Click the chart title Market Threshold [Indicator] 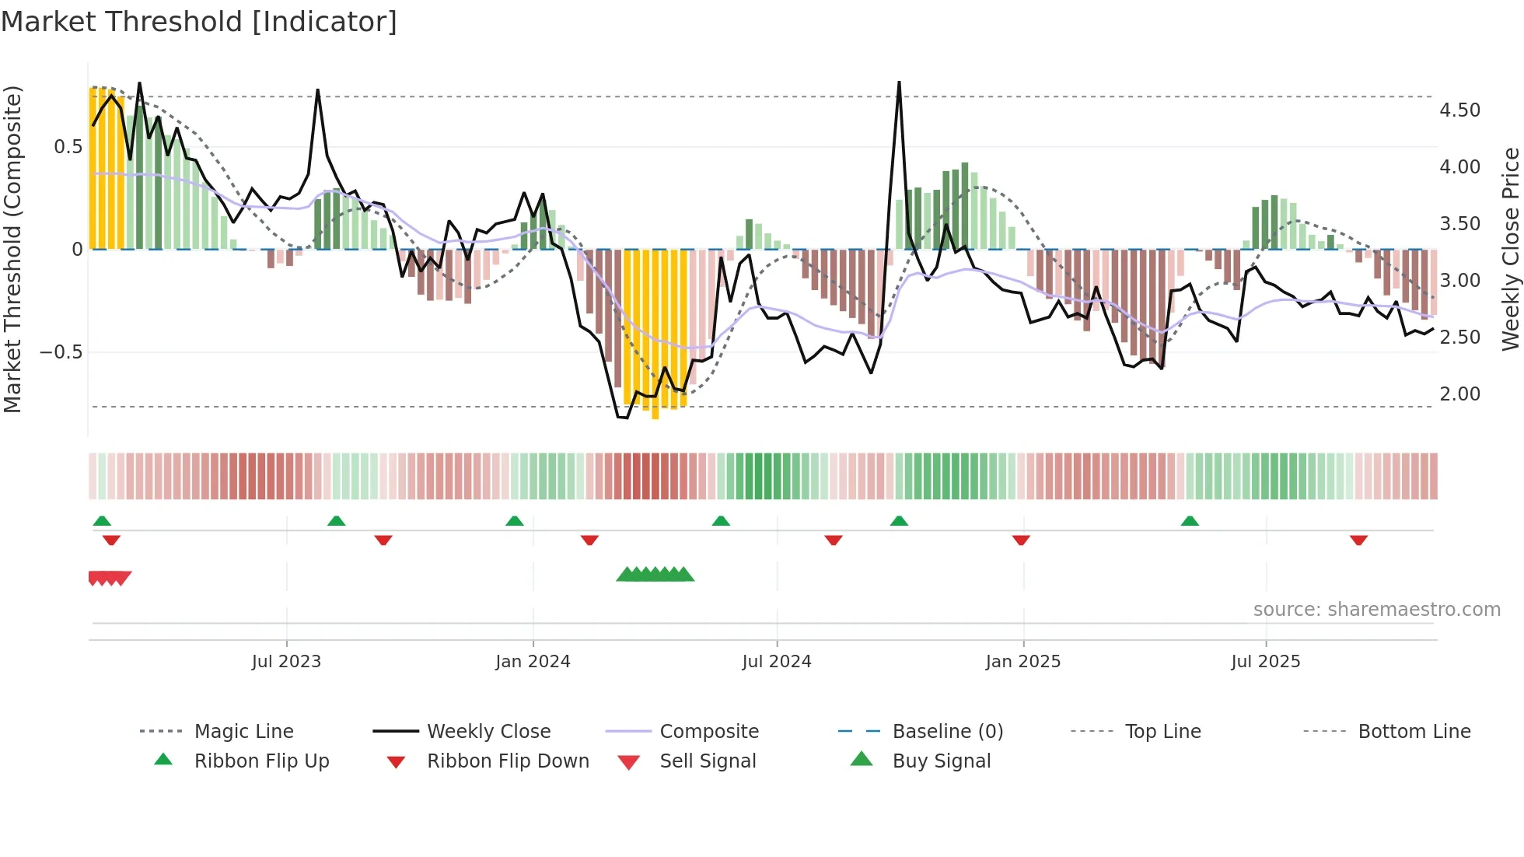(x=199, y=22)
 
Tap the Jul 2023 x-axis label (x=286, y=662)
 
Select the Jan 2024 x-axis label (x=533, y=662)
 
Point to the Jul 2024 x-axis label (x=776, y=662)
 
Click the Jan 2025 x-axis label (x=1022, y=662)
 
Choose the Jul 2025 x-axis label (x=1265, y=662)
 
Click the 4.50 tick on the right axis (x=1459, y=110)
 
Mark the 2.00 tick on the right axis (x=1459, y=394)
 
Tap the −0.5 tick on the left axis (x=61, y=352)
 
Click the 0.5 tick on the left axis (x=68, y=147)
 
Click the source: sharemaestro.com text (x=1376, y=610)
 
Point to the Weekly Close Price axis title (x=1510, y=249)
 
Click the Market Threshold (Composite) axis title (x=13, y=249)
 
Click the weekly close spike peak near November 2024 (x=899, y=82)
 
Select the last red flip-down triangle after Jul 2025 (x=1358, y=540)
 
